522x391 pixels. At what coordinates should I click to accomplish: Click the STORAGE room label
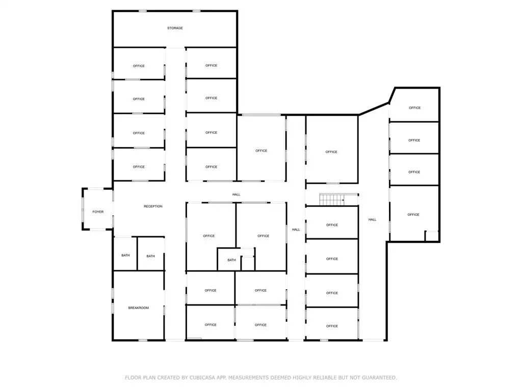[x=175, y=29]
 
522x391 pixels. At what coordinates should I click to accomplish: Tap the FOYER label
[x=98, y=212]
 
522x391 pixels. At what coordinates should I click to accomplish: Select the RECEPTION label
[x=153, y=207]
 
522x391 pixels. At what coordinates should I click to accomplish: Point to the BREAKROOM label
[x=139, y=308]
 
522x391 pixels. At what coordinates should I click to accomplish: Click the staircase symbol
[x=332, y=200]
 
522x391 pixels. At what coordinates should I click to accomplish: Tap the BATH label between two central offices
[x=232, y=260]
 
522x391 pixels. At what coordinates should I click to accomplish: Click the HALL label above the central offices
[x=236, y=194]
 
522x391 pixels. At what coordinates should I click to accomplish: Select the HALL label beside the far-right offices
[x=372, y=219]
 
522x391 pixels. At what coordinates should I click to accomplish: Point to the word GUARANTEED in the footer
[x=379, y=378]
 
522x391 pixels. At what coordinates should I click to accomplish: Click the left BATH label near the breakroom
[x=125, y=256]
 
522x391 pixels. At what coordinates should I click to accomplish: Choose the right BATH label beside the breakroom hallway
[x=150, y=256]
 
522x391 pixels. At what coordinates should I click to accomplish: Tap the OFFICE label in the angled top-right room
[x=415, y=108]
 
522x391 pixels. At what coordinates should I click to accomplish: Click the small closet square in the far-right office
[x=432, y=236]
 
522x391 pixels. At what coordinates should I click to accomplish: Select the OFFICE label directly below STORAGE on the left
[x=139, y=66]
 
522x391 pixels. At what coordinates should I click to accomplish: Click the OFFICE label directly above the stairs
[x=331, y=152]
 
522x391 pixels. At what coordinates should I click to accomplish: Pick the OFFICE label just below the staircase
[x=332, y=225]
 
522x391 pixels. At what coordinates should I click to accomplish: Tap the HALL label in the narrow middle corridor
[x=296, y=230]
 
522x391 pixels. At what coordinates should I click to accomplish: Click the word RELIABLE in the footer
[x=325, y=378]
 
